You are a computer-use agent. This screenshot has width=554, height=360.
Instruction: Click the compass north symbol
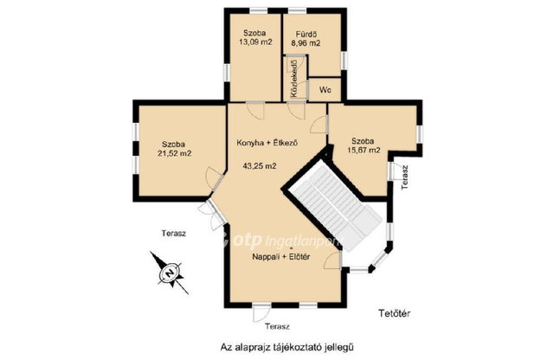coord(170,273)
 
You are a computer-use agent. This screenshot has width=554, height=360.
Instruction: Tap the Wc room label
coord(325,90)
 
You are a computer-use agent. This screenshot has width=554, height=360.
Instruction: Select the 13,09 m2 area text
coord(255,42)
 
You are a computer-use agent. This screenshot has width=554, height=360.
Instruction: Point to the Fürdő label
coord(306,35)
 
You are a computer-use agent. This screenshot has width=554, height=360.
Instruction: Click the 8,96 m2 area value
coord(306,43)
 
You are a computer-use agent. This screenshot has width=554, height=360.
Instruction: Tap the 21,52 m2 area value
coord(173,154)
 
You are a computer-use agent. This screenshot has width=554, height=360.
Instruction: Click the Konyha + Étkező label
coord(267,143)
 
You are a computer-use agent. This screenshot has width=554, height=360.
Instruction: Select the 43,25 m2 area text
coord(260,165)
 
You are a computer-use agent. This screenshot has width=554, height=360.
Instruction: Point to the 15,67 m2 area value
coord(364,151)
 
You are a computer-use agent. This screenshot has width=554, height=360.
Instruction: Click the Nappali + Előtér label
coord(281,257)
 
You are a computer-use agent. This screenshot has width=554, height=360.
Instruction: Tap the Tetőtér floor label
coord(395,313)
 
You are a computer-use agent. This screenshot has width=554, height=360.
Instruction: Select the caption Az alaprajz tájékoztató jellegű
coord(287,347)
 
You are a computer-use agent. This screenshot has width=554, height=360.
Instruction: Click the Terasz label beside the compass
coord(174,234)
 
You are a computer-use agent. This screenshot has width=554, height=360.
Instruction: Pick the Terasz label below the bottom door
coord(278,326)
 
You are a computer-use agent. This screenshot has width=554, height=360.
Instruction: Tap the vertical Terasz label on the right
coord(405,177)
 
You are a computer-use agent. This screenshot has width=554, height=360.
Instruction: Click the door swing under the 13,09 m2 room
coord(255,111)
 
